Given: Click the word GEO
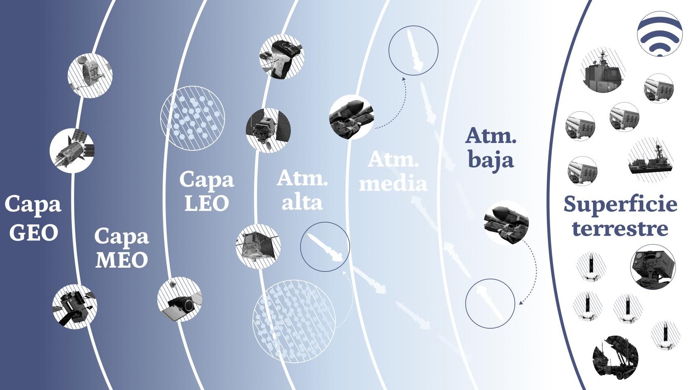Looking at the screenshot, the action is (x=33, y=232).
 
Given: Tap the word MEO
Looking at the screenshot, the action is (x=122, y=260).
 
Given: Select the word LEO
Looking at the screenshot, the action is (x=207, y=204).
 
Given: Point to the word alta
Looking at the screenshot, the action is (x=302, y=202).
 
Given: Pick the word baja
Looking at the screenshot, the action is (x=491, y=160).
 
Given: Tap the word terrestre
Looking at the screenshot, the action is (x=620, y=228).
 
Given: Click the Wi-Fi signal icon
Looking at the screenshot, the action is (x=660, y=34).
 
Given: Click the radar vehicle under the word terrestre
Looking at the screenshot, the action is (x=653, y=267).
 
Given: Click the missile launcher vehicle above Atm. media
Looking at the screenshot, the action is (x=352, y=117).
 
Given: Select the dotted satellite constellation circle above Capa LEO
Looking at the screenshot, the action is (x=192, y=118).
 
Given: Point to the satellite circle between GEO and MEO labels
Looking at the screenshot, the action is (x=72, y=150).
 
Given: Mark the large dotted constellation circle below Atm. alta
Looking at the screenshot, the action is (x=294, y=321).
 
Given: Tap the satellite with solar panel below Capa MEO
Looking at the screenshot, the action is (x=180, y=299).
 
